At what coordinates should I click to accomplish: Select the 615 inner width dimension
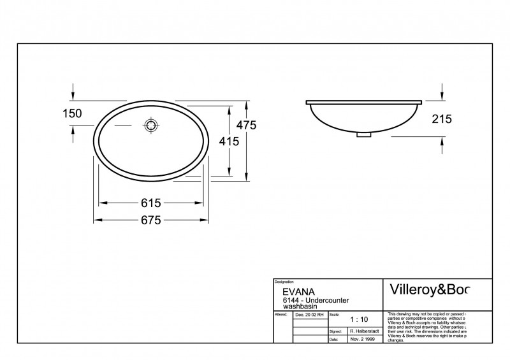coord(150,203)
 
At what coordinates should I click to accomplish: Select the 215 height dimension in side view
coord(441,119)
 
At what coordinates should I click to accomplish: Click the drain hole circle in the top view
coord(152,125)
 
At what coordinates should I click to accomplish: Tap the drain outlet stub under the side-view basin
coord(364,134)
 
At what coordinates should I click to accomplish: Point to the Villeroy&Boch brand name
coord(428,290)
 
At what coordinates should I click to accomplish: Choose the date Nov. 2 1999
coord(362,340)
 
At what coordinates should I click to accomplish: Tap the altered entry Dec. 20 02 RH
coord(310,315)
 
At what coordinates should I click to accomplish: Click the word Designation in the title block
coord(284,282)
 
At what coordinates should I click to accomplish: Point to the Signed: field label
coord(336,331)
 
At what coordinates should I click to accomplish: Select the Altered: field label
coord(280,315)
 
